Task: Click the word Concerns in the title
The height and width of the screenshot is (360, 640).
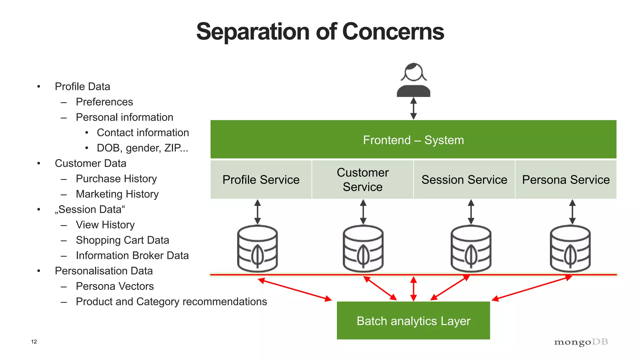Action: tap(393, 32)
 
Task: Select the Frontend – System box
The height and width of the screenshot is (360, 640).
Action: tap(413, 139)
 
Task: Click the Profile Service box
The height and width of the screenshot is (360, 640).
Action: tap(261, 180)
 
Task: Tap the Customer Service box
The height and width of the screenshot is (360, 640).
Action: tap(362, 180)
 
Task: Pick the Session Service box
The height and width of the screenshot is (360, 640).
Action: tap(464, 180)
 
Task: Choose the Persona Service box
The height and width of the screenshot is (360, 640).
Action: tap(566, 180)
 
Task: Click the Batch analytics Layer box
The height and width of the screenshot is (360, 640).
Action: tap(413, 321)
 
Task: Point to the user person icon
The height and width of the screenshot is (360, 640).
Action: tap(413, 80)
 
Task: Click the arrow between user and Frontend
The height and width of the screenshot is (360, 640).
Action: tap(413, 108)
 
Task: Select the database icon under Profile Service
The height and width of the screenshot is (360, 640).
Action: tap(257, 248)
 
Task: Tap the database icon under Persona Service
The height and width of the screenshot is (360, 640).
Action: tap(570, 248)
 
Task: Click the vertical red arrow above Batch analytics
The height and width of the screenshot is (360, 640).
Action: tap(413, 288)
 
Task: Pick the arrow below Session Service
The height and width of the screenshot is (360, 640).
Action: tap(471, 212)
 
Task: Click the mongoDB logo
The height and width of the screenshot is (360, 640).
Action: tap(581, 342)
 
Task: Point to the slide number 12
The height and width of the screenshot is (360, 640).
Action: tap(34, 342)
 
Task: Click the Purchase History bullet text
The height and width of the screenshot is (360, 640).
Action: tap(116, 179)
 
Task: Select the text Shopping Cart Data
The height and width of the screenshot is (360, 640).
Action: tap(122, 240)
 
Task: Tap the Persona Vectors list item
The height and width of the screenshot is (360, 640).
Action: tap(115, 286)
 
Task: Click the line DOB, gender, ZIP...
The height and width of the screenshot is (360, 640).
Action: tap(142, 148)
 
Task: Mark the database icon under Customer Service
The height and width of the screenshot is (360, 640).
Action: tap(363, 248)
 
